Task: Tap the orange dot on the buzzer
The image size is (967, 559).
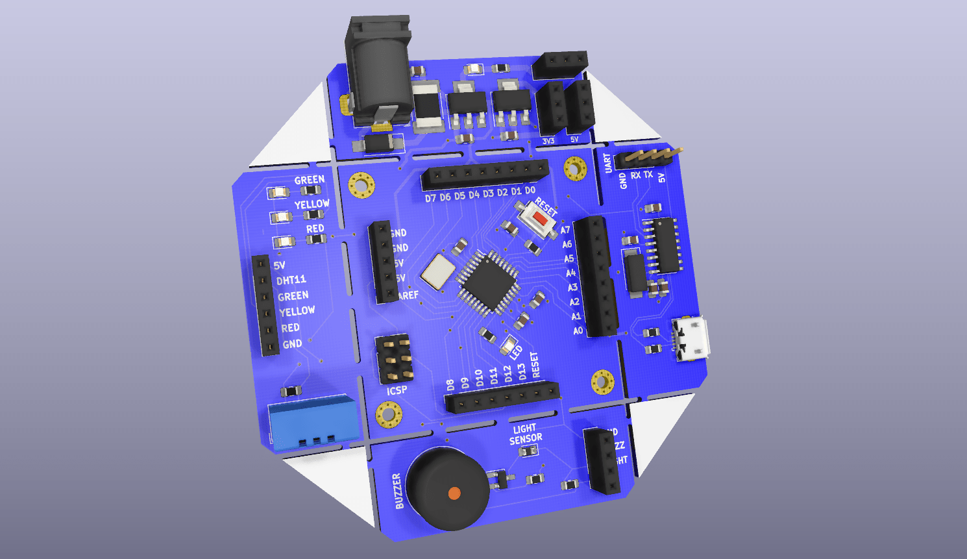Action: tap(454, 493)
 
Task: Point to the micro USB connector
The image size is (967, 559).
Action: tap(691, 338)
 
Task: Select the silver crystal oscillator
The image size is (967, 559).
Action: tap(438, 270)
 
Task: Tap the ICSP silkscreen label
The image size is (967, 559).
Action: tap(397, 390)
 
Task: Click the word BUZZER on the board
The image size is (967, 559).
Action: tap(398, 491)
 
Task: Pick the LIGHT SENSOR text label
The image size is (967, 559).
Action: tap(525, 434)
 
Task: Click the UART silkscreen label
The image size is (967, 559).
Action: tap(607, 163)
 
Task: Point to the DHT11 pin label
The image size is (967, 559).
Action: tap(291, 280)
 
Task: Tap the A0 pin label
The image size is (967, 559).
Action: tap(578, 331)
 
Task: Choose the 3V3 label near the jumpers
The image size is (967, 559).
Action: tap(548, 141)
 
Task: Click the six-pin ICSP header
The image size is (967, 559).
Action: tap(394, 359)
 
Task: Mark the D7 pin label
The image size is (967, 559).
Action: tap(430, 197)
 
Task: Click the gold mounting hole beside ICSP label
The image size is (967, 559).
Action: tap(388, 414)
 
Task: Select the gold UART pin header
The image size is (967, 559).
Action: tap(649, 157)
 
